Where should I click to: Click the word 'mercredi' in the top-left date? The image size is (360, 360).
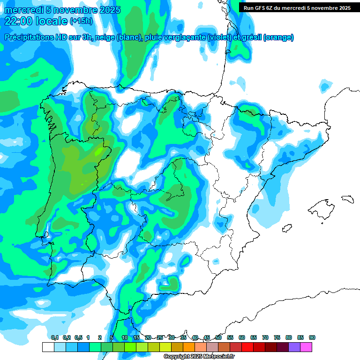pyautogui.click(x=23, y=10)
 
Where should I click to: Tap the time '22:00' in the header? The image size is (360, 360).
pyautogui.click(x=17, y=21)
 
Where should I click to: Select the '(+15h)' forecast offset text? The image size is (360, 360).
pyautogui.click(x=81, y=21)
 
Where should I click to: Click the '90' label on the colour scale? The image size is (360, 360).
pyautogui.click(x=312, y=337)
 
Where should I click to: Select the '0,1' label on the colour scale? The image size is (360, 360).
pyautogui.click(x=54, y=337)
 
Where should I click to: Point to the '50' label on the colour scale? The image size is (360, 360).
pyautogui.click(x=218, y=337)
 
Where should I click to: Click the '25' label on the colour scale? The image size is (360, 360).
pyautogui.click(x=160, y=337)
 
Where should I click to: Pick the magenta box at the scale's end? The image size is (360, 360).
pyautogui.click(x=306, y=347)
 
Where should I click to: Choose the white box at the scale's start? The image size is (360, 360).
pyautogui.click(x=48, y=347)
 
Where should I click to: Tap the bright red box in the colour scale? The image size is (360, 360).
pyautogui.click(x=247, y=347)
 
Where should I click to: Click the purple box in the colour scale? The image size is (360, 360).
pyautogui.click(x=294, y=347)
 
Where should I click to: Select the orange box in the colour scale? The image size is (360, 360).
pyautogui.click(x=189, y=347)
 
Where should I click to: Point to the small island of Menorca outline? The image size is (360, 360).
pyautogui.click(x=347, y=198)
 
